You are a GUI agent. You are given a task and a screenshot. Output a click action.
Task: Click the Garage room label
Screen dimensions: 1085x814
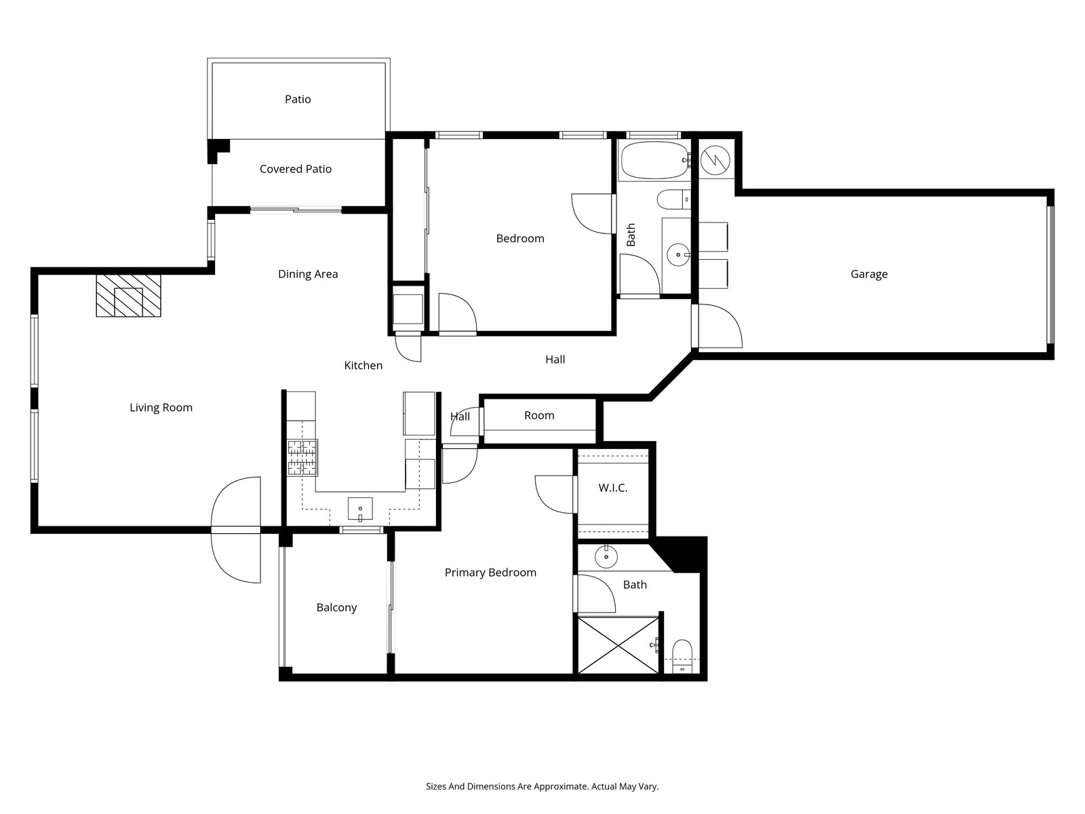(x=869, y=274)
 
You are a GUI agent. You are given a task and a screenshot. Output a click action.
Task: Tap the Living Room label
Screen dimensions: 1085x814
(x=161, y=408)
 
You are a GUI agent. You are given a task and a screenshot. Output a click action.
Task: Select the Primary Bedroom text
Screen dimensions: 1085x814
(x=490, y=573)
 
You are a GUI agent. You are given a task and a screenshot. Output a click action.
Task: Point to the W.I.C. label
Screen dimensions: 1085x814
(x=613, y=488)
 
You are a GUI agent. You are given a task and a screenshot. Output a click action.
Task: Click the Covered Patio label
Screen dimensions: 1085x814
(x=296, y=169)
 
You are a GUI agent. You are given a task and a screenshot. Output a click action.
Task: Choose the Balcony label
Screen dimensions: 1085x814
(x=336, y=607)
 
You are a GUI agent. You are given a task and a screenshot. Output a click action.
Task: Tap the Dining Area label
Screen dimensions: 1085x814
(x=308, y=274)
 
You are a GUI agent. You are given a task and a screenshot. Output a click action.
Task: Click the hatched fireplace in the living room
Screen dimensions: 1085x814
(x=129, y=296)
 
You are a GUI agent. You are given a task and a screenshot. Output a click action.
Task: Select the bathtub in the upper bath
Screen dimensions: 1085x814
(x=654, y=160)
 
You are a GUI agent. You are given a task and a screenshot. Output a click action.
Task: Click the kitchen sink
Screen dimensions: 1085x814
(x=360, y=509)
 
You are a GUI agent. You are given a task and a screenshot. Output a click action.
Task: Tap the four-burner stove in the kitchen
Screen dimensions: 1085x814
(x=302, y=458)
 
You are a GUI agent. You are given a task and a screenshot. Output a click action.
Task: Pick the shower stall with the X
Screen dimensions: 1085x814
(x=618, y=645)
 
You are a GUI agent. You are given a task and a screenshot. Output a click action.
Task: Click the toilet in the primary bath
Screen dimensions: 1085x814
(x=683, y=657)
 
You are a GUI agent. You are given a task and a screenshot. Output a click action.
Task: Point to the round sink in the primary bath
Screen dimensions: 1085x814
(x=606, y=558)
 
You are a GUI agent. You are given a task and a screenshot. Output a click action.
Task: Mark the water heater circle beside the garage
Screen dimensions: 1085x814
(x=715, y=160)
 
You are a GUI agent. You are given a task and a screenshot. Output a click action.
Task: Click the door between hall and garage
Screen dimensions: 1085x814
(x=717, y=326)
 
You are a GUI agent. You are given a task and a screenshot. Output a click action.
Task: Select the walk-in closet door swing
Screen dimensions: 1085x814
(x=555, y=495)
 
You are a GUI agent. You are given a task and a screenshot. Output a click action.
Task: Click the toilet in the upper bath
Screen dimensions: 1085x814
(x=674, y=199)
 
